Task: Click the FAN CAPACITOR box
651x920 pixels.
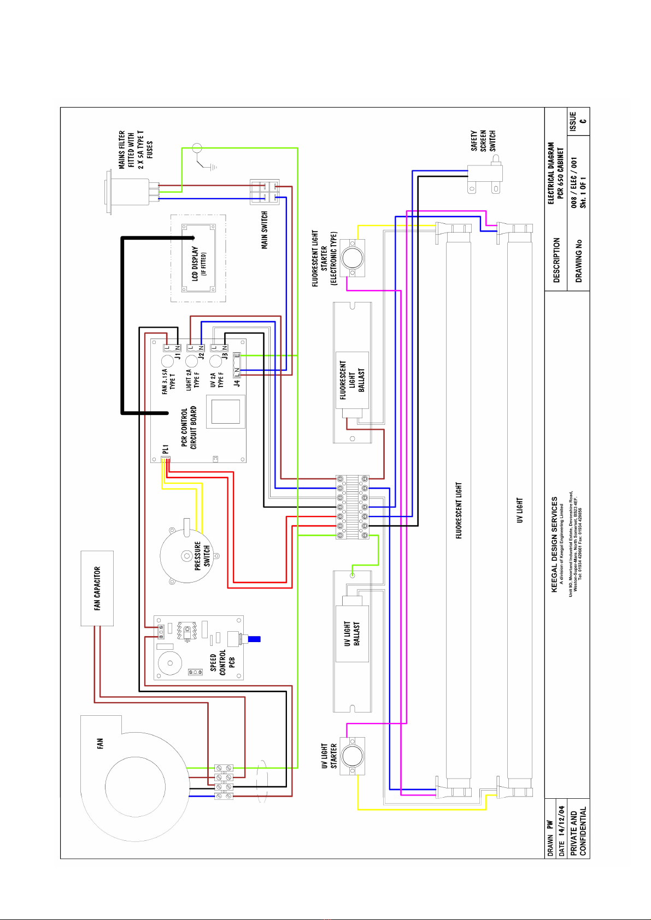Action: click(97, 588)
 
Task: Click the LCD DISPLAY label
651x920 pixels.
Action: click(198, 264)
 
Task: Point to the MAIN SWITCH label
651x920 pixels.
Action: click(265, 230)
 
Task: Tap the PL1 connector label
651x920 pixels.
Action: click(165, 449)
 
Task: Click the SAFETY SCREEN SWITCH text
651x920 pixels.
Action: click(483, 141)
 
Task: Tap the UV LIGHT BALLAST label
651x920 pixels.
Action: click(352, 634)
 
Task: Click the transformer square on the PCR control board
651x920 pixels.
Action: click(225, 411)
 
